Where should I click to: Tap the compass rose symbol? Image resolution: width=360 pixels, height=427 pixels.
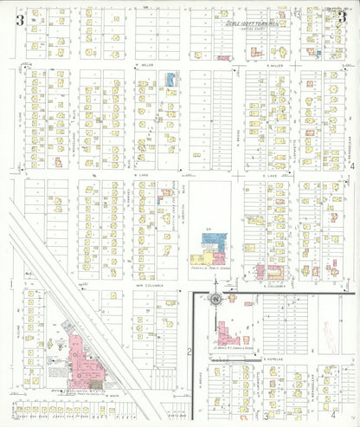[214, 300]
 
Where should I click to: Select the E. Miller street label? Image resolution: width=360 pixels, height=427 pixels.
[276, 65]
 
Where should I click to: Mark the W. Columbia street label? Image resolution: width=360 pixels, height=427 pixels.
[143, 283]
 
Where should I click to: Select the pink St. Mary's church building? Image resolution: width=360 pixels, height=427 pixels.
[228, 333]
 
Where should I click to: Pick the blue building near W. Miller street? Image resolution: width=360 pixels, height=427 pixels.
[170, 81]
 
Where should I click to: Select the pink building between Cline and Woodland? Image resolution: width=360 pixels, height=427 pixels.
[58, 161]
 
